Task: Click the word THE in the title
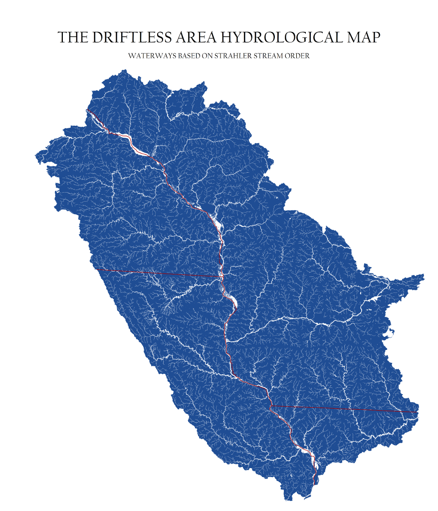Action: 73,37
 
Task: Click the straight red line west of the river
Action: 160,273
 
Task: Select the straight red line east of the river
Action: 344,409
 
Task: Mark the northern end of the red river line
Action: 87,110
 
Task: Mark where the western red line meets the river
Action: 221,276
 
